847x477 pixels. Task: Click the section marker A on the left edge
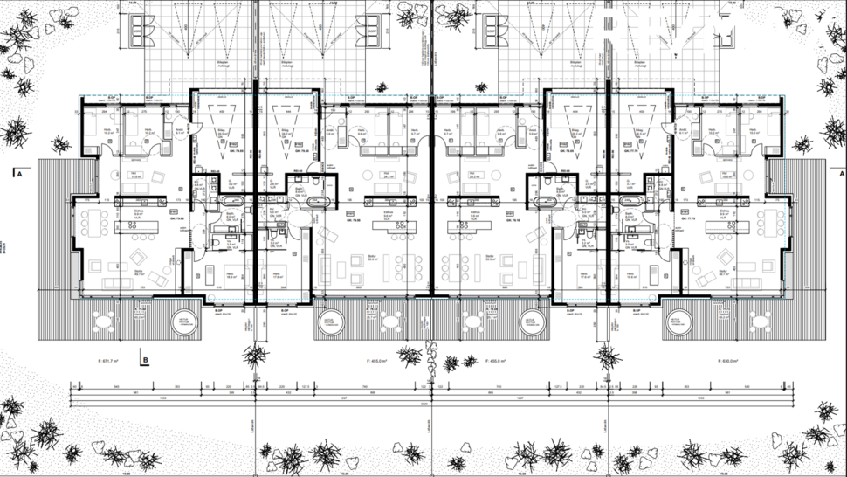pos(17,174)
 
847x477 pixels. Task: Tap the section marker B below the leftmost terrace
pos(145,357)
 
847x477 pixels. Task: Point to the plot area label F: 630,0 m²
pos(730,360)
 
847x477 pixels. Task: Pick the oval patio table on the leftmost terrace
pos(106,321)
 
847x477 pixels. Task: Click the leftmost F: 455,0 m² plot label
pos(377,360)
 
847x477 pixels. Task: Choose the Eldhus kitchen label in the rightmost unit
pos(724,212)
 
